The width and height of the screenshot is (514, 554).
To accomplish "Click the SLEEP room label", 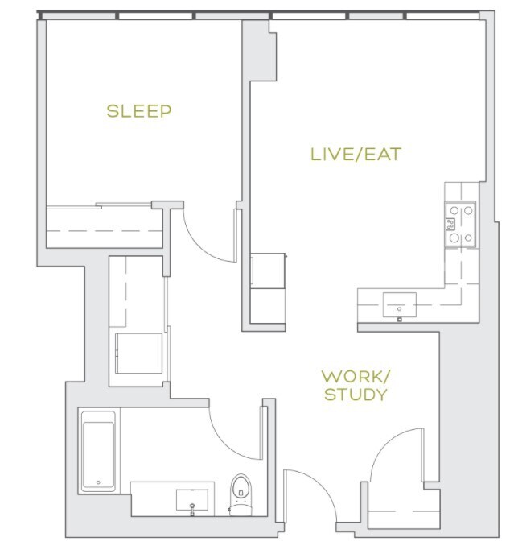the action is (139, 111).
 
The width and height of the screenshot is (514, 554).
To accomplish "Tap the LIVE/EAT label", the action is (356, 155).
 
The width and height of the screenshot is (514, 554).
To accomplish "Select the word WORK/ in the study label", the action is (356, 377).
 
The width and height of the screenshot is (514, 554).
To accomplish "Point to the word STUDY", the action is (356, 395).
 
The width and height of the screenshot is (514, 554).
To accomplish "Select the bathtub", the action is (98, 451).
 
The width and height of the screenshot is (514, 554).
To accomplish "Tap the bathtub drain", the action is (98, 482).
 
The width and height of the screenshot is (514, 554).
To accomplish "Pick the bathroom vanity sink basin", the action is (192, 499).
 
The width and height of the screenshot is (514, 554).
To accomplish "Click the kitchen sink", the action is (400, 305).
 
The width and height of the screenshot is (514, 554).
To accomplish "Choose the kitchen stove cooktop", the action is (461, 225).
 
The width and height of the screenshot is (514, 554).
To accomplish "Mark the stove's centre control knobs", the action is (450, 224).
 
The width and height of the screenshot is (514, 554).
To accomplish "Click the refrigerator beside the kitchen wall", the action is (268, 271).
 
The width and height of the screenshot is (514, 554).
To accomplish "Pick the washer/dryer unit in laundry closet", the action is (139, 353).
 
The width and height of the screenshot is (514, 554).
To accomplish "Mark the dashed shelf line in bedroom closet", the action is (104, 231).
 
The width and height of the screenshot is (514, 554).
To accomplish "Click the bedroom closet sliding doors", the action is (99, 205).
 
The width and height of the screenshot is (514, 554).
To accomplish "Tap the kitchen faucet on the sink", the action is (400, 320).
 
